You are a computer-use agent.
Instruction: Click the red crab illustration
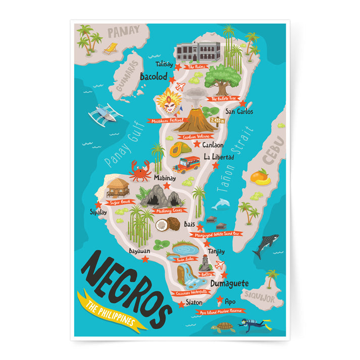tap(140, 171)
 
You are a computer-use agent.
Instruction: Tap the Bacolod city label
tap(153, 76)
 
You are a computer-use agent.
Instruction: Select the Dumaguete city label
tap(230, 284)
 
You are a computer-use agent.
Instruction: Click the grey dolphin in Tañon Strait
tap(220, 203)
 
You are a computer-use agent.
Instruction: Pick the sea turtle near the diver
tap(223, 328)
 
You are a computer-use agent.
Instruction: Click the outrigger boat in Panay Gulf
tap(105, 114)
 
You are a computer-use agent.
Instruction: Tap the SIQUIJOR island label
tap(258, 296)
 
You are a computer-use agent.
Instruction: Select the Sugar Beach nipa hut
tap(118, 187)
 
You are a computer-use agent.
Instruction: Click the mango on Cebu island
tap(261, 177)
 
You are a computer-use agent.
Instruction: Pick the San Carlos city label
tap(239, 112)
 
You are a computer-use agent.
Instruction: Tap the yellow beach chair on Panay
tap(111, 48)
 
